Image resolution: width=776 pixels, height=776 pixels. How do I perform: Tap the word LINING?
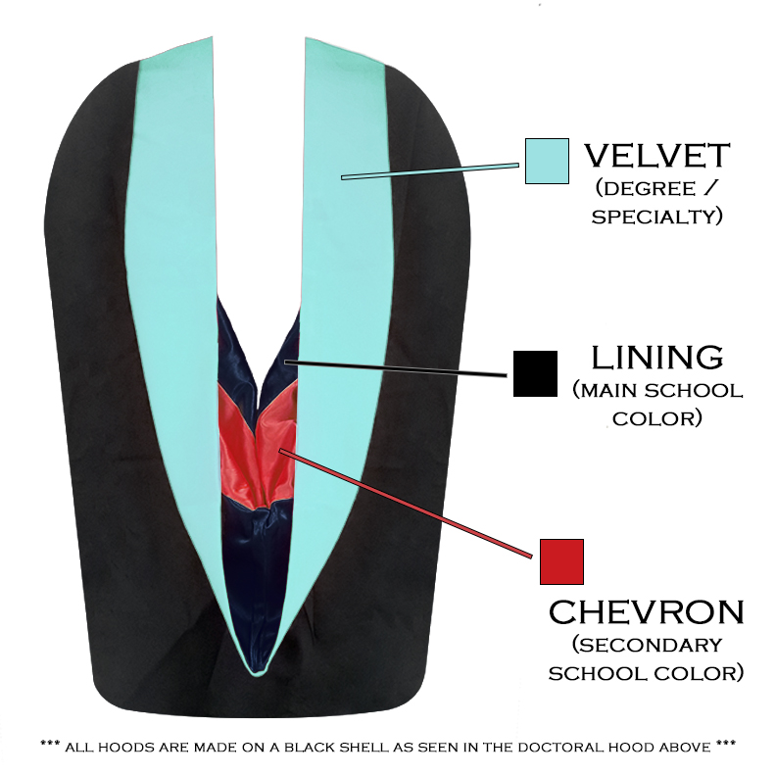(x=657, y=357)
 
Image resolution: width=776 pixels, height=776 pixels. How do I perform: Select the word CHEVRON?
(x=647, y=613)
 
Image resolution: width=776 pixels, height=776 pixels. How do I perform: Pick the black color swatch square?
(x=535, y=373)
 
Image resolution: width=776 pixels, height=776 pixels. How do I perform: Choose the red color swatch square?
(x=561, y=561)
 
